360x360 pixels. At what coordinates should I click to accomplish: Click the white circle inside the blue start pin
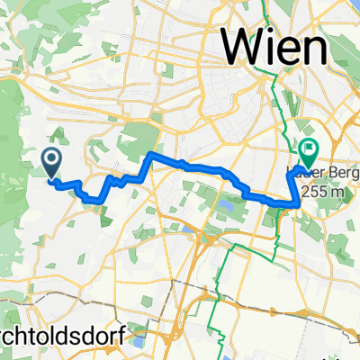(x=50, y=158)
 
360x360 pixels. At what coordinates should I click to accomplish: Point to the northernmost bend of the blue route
(x=149, y=155)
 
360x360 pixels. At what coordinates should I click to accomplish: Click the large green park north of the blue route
(x=135, y=139)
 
